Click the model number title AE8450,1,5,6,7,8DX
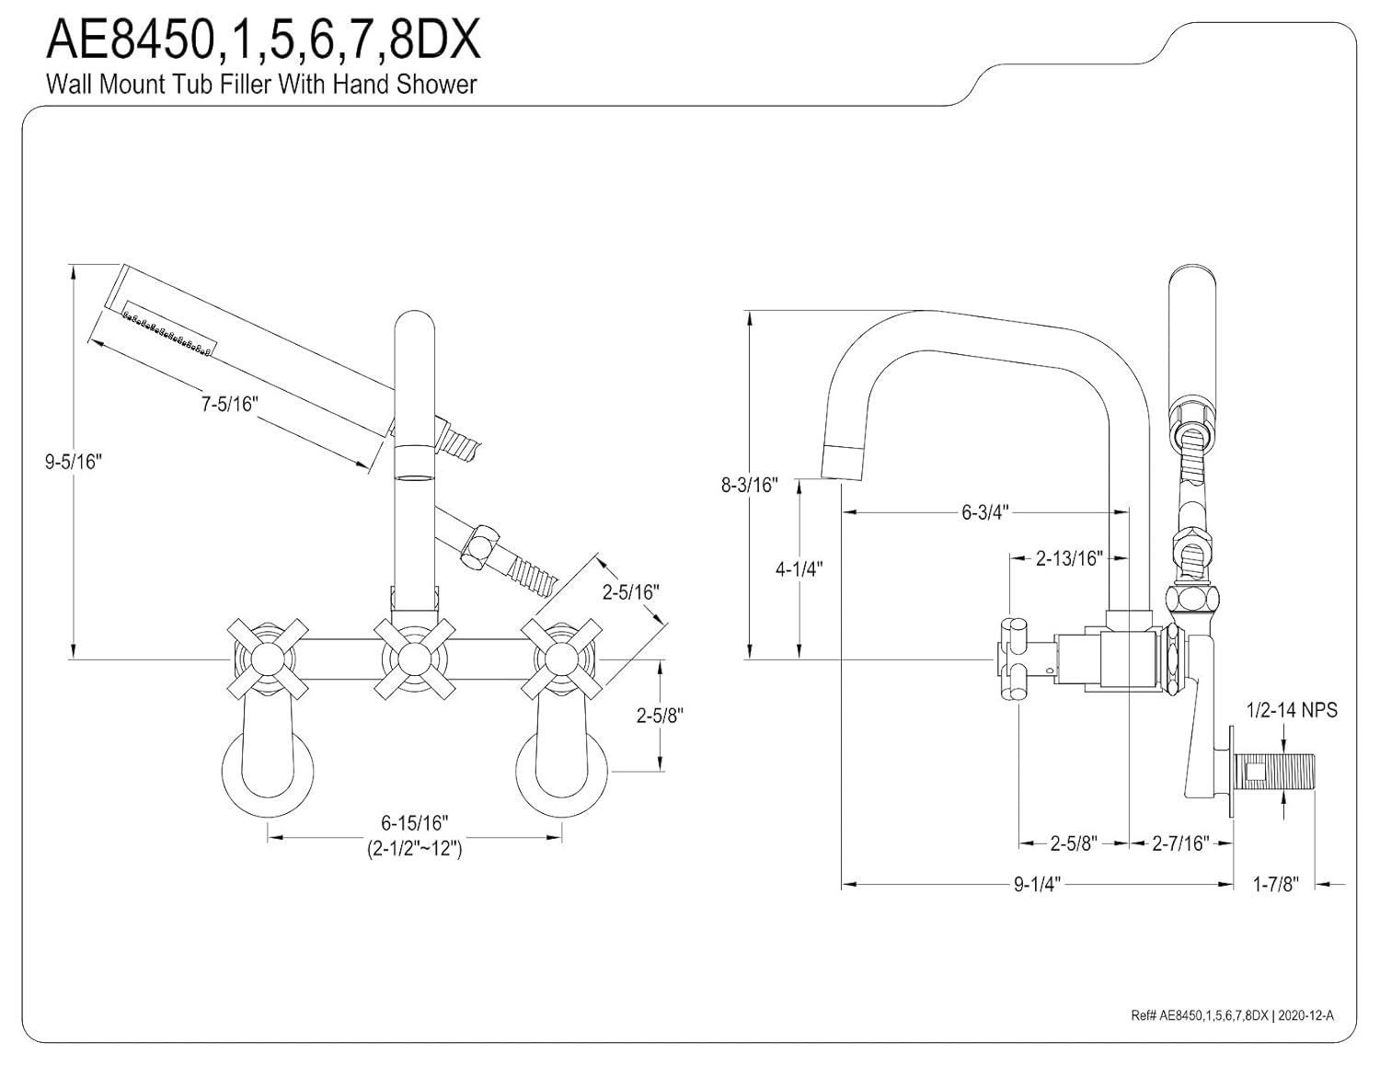coord(263,40)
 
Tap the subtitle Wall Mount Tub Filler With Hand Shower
coord(261,85)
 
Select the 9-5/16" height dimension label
coord(73,462)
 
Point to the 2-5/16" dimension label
coord(631,592)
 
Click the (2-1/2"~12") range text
coord(414,848)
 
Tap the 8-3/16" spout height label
coord(750,485)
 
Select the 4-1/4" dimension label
coord(799,568)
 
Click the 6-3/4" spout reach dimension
coord(985,512)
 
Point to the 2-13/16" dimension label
coord(1068,558)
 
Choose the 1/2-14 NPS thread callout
coord(1292,710)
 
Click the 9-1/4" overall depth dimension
coord(1037,885)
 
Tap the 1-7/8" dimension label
coord(1275,885)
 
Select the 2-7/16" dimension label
coord(1180,842)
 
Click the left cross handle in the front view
coord(266,658)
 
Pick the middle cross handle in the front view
coord(414,658)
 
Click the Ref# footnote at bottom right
coord(1232,1015)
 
